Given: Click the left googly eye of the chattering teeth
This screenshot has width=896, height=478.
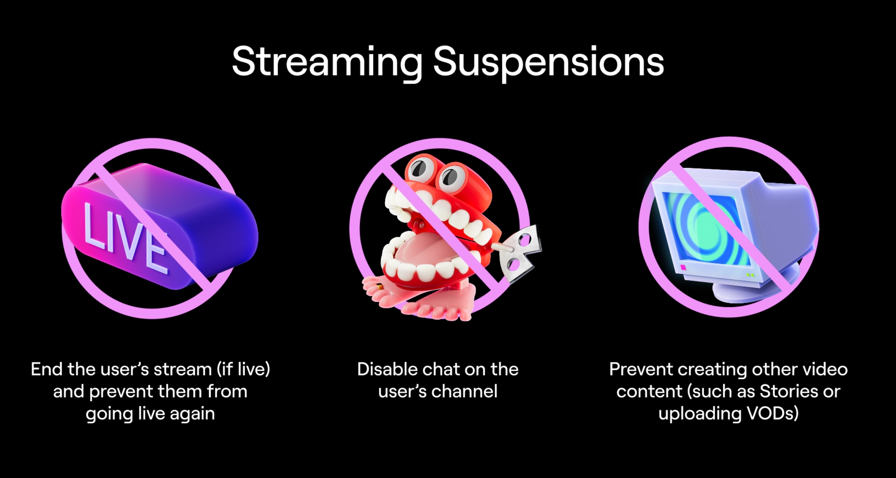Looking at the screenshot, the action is pyautogui.click(x=419, y=168).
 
